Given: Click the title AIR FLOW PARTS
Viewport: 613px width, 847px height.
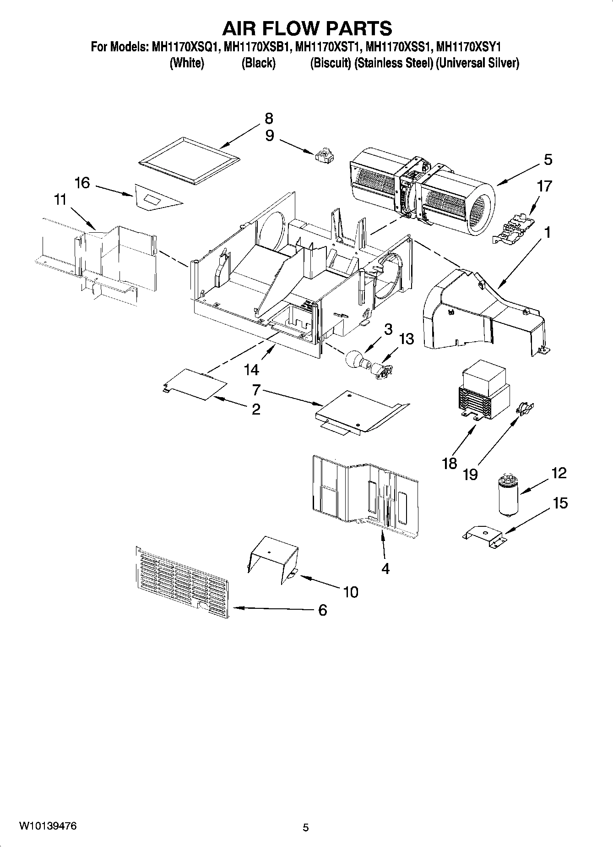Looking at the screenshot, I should click(307, 28).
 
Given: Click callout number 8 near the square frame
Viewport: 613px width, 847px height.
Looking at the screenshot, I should click(269, 119).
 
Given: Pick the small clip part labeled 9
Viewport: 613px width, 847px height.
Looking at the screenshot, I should click(324, 156).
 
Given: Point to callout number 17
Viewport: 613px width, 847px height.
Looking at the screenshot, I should click(544, 186).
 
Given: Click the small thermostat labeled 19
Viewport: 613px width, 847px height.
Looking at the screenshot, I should click(526, 407).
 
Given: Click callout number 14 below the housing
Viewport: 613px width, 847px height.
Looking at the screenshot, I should click(251, 369).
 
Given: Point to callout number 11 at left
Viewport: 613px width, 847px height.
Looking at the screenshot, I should click(60, 200).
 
